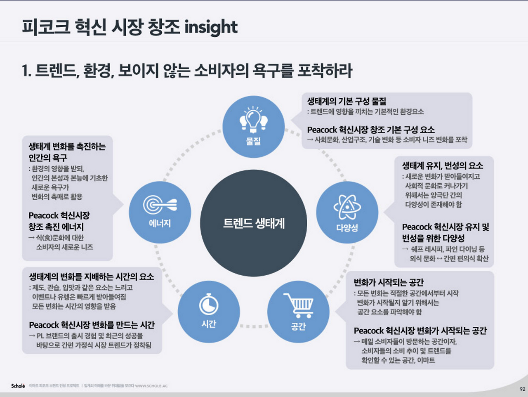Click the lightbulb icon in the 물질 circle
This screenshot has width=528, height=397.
253,120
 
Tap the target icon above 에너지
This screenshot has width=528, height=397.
160,204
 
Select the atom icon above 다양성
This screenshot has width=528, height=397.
347,206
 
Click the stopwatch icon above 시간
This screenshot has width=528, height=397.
209,305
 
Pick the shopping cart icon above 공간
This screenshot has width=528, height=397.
299,305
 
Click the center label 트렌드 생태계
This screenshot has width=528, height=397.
254,223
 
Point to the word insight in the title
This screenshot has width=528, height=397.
211,27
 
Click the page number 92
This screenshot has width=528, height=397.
522,389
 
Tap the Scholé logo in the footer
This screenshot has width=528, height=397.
18,386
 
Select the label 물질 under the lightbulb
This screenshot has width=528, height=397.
253,141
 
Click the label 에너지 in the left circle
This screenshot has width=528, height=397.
160,223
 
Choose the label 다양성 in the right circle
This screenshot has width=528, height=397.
347,227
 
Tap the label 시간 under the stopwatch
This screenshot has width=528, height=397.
209,324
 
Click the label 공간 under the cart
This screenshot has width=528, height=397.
298,326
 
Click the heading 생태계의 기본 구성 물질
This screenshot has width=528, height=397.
346,101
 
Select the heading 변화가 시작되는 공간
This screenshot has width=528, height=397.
389,282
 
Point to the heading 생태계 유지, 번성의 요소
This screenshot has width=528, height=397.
442,165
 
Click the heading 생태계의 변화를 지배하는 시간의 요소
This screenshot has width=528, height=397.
91,276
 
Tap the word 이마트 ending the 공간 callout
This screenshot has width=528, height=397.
426,360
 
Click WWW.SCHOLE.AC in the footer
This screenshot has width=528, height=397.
151,386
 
